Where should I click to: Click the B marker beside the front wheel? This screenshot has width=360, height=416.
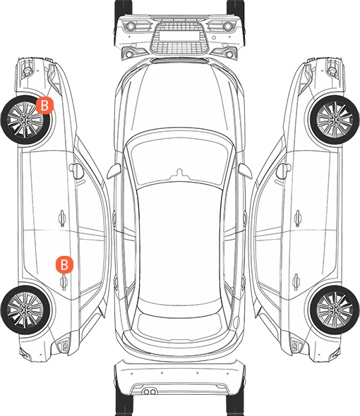44,106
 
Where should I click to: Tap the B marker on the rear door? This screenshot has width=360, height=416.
64,264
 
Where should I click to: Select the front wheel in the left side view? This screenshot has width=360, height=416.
26,120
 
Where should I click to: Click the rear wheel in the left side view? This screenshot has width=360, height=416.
26,310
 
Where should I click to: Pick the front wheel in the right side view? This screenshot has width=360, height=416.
335,120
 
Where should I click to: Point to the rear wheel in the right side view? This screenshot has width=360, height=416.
335,310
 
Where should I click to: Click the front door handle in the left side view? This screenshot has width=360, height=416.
62,218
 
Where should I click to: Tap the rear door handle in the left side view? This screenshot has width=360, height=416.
64,282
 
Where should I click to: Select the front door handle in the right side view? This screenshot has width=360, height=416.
298,218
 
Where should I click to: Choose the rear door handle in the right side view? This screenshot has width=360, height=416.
296,282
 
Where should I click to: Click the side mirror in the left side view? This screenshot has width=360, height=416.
76,171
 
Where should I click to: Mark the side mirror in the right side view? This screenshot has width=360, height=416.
284,171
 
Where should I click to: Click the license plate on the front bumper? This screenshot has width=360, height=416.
179,35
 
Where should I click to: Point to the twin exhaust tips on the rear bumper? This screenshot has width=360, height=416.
150,391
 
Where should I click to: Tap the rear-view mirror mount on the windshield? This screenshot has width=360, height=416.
180,173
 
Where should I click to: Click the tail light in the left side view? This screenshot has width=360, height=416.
64,346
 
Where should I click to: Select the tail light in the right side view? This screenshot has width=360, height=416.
296,346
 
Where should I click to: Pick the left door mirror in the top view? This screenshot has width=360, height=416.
114,171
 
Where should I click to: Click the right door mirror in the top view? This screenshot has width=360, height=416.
245,171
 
